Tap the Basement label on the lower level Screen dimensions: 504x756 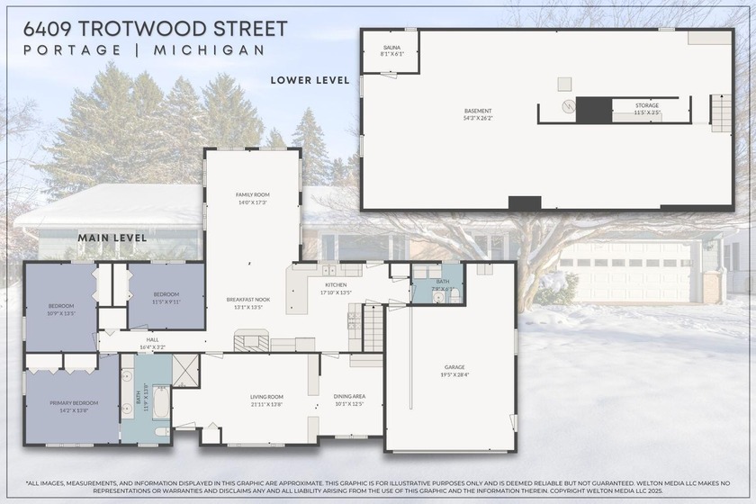(x=478, y=111)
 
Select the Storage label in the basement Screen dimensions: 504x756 (x=647, y=105)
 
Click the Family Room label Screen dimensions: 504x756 (x=253, y=194)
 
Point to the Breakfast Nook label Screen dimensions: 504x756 (x=247, y=299)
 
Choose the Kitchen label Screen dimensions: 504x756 (x=336, y=285)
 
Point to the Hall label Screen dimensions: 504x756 (x=152, y=339)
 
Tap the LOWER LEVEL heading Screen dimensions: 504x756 (x=310, y=80)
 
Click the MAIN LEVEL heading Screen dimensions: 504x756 (x=112, y=238)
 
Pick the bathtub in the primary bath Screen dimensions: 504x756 (x=161, y=402)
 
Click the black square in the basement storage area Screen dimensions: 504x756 (x=594, y=110)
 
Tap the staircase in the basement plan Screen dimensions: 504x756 (x=721, y=113)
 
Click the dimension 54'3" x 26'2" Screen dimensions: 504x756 (x=478, y=118)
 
